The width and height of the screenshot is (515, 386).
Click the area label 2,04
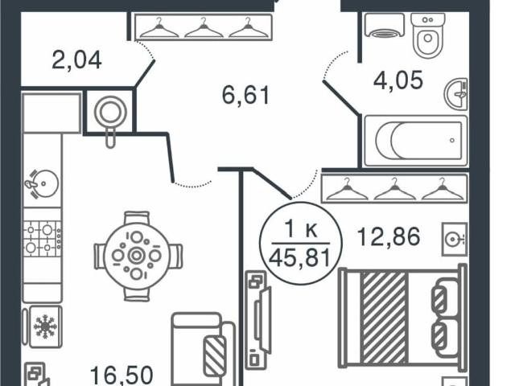76,60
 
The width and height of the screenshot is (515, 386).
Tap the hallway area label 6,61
245,95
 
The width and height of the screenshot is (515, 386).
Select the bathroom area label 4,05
398,80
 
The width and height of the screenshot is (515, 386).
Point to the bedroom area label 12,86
389,236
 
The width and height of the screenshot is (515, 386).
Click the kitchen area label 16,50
122,376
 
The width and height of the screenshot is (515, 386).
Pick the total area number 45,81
300,257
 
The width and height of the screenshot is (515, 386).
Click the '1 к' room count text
301,229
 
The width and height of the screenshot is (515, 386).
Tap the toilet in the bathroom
427,35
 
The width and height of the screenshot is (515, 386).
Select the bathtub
416,141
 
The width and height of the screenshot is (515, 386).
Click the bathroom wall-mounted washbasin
456,94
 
